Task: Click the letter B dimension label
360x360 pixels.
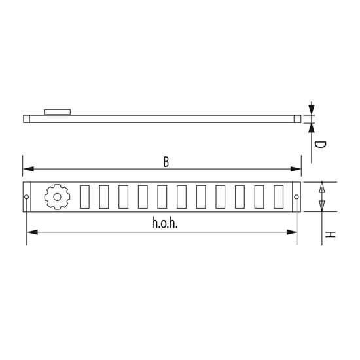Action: pos(166,162)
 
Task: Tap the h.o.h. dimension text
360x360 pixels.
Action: pos(165,224)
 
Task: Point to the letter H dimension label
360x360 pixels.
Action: pos(331,234)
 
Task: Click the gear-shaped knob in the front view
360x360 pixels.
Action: pos(56,196)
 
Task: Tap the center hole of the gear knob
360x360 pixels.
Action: pos(56,196)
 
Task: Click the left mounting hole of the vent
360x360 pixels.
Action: pos(26,196)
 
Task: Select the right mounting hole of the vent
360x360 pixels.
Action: pos(297,196)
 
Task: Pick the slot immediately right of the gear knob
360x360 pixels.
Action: pos(84,196)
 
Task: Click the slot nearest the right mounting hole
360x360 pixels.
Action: pos(279,196)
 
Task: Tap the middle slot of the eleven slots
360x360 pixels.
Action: pos(181,196)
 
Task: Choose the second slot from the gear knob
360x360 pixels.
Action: pos(103,196)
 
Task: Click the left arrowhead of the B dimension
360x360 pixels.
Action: pos(27,169)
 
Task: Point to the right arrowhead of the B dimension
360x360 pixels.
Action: pos(297,169)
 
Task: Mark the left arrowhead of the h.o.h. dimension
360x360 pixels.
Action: pos(31,232)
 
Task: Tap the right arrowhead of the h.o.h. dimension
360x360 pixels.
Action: pos(292,232)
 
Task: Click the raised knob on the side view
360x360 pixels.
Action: pos(57,112)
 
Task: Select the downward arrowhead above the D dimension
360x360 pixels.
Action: pos(312,109)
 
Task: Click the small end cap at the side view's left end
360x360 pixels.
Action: pos(26,118)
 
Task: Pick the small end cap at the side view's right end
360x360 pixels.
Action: pos(297,118)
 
